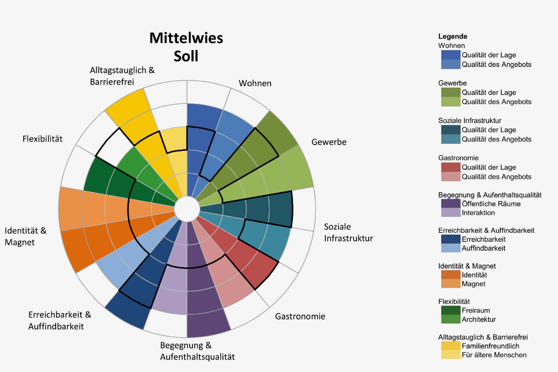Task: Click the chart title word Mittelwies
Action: pos(186,38)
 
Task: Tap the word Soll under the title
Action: pos(186,56)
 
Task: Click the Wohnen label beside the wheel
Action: pos(255,83)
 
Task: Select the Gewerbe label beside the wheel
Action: pos(329,142)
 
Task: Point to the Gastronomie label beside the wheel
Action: pos(300,317)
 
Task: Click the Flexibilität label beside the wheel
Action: pos(42,139)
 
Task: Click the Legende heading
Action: pos(452,36)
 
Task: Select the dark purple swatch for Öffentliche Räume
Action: pos(450,204)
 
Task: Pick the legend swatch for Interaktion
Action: pos(450,213)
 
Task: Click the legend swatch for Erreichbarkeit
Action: pos(450,239)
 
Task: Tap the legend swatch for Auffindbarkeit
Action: pos(450,248)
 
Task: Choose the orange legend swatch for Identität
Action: pos(450,275)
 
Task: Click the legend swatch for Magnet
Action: pos(450,284)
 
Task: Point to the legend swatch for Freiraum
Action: pos(450,310)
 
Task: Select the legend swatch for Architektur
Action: pos(450,319)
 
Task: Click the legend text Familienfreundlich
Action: pos(490,346)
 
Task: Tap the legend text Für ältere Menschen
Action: pos(494,355)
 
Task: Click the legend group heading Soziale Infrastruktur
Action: pos(469,121)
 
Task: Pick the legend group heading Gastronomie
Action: pos(458,158)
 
